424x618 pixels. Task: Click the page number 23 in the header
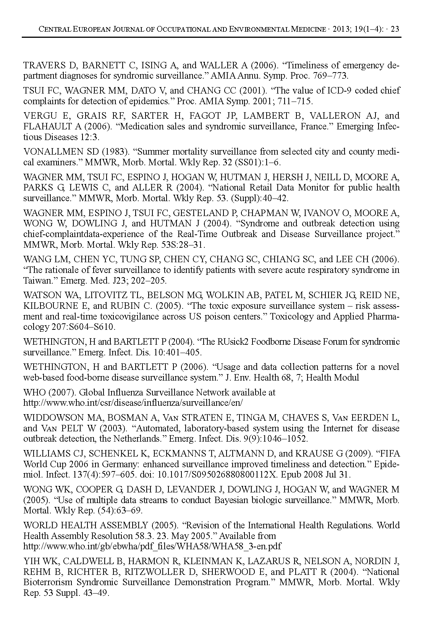(x=395, y=29)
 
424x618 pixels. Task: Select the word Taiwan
(x=37, y=281)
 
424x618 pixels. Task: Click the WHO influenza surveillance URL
(x=133, y=403)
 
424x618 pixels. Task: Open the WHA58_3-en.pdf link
(x=152, y=547)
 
